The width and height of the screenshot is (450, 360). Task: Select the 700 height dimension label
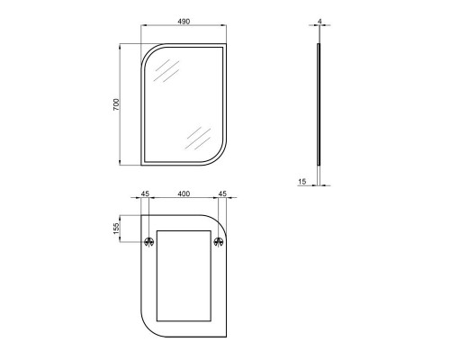116,104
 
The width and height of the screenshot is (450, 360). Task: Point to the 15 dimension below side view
302,182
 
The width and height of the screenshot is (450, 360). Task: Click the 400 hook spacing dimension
184,193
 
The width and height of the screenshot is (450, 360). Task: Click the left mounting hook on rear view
149,241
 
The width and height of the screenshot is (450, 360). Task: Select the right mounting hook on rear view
218,241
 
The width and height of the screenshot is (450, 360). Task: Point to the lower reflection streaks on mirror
197,137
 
